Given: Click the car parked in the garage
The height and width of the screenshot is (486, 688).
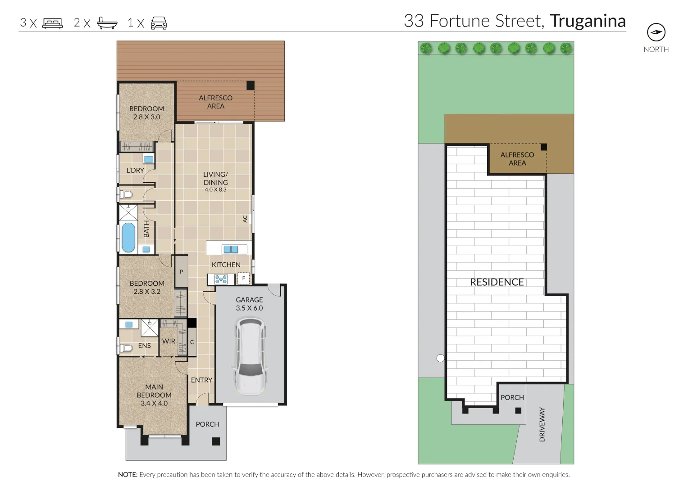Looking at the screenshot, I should click(249, 355).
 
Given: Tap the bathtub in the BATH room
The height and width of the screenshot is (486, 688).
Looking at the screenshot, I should click(128, 237).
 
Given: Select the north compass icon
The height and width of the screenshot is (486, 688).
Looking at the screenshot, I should click(656, 32).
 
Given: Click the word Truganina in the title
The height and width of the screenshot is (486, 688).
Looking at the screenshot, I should click(588, 21).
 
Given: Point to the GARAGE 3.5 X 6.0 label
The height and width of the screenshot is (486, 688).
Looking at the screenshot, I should click(249, 304).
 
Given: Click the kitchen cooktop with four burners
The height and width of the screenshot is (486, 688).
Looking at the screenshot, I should click(221, 279).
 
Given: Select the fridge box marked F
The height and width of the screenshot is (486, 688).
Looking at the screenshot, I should click(244, 279).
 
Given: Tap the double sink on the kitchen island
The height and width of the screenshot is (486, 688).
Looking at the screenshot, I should click(231, 249).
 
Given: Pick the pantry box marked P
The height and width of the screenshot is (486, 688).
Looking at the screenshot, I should click(181, 271).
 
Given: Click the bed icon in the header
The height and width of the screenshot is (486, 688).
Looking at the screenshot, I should click(52, 23).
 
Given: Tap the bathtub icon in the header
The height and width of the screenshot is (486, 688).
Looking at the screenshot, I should click(107, 23).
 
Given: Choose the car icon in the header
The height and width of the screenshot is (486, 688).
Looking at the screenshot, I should click(159, 23).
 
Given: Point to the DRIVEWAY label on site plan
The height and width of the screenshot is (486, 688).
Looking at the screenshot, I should click(542, 424).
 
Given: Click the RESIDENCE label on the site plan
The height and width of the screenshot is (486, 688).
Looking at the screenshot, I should click(497, 282).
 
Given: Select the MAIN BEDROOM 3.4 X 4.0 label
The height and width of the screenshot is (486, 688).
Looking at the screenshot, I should click(154, 395).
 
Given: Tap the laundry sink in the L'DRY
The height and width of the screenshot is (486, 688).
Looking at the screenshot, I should click(149, 159).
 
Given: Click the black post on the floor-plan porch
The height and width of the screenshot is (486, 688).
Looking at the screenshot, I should click(216, 441).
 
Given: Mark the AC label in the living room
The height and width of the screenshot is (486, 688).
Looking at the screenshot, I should click(245, 219).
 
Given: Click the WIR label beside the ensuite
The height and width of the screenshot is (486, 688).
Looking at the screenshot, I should click(169, 341).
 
